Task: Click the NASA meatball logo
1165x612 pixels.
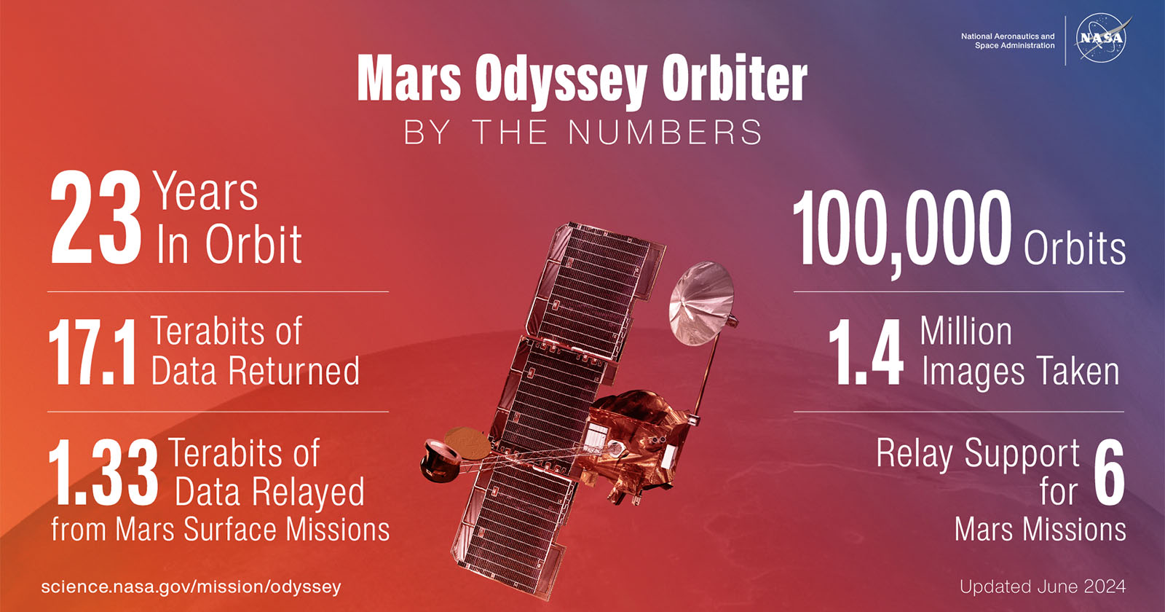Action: point(1102,39)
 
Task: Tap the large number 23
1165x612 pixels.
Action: point(95,218)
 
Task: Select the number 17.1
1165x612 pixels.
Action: point(92,353)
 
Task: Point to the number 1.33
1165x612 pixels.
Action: point(103,473)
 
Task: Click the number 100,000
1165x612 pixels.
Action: point(902,232)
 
